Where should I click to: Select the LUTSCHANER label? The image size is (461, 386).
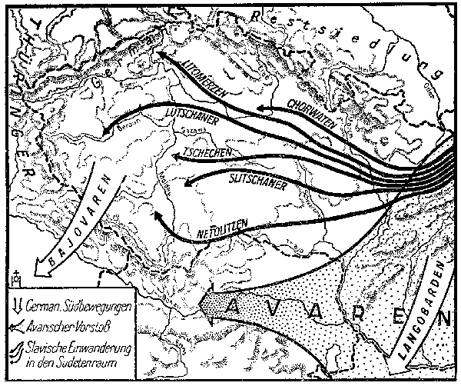192,120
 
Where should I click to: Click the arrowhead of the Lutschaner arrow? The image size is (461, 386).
108,135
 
